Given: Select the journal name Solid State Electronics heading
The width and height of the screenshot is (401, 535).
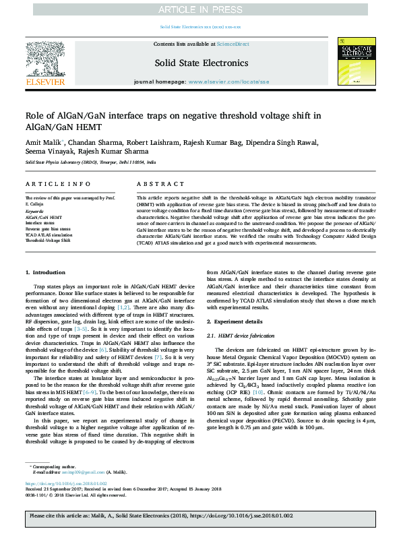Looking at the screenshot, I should pos(200,63).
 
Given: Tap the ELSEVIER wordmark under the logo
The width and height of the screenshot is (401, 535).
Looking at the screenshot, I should pos(45,82).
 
